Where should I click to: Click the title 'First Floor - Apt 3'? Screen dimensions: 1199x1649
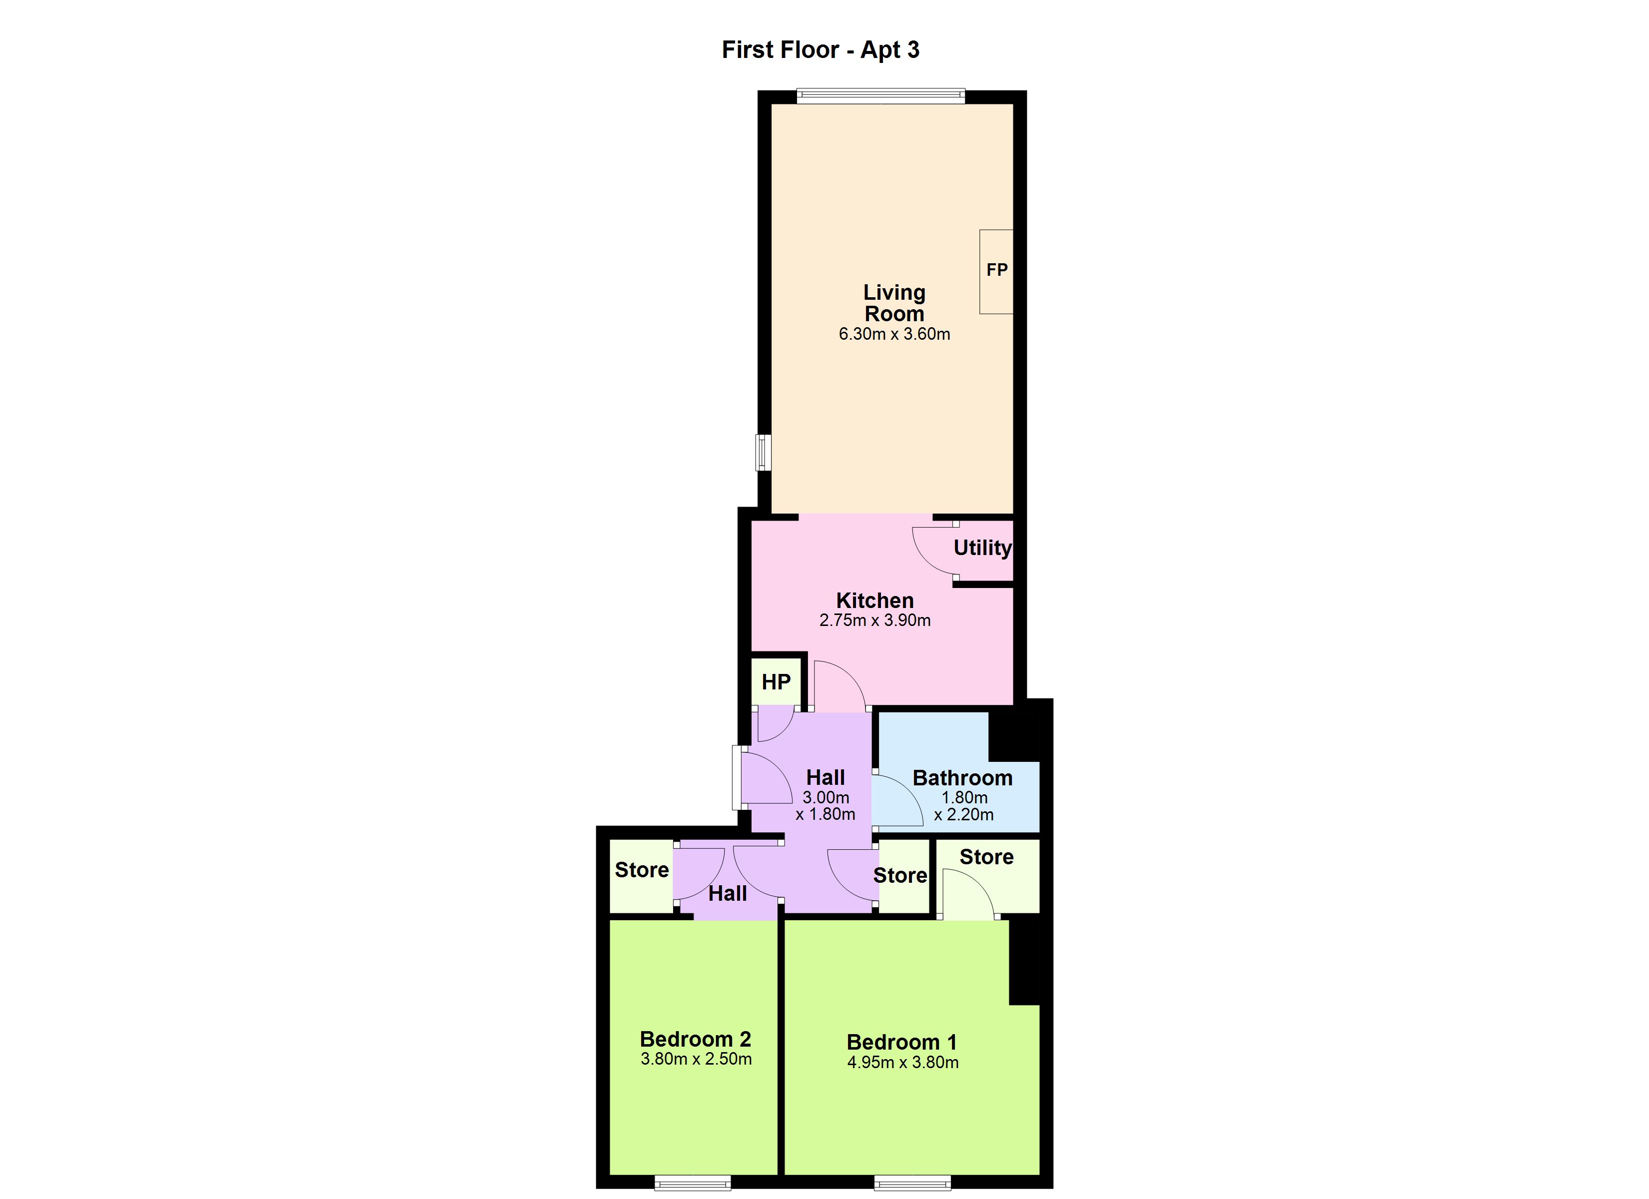820,49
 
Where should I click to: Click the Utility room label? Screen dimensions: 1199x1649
981,548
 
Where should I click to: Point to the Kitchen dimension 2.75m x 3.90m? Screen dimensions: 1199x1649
874,620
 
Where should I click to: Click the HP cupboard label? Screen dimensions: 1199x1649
776,682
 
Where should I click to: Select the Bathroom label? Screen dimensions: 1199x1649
962,778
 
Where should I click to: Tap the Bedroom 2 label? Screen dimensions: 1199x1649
695,1039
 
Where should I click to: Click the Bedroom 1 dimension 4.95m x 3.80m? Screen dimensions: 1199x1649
902,1062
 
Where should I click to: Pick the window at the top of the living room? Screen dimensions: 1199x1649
880,96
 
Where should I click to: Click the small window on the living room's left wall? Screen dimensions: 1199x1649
763,452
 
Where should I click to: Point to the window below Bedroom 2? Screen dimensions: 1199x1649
692,1183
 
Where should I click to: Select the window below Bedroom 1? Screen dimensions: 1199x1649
912,1183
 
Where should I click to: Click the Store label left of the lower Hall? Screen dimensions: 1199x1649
641,870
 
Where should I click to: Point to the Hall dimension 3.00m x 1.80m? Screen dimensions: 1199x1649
825,806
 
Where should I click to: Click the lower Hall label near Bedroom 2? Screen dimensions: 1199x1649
727,894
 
